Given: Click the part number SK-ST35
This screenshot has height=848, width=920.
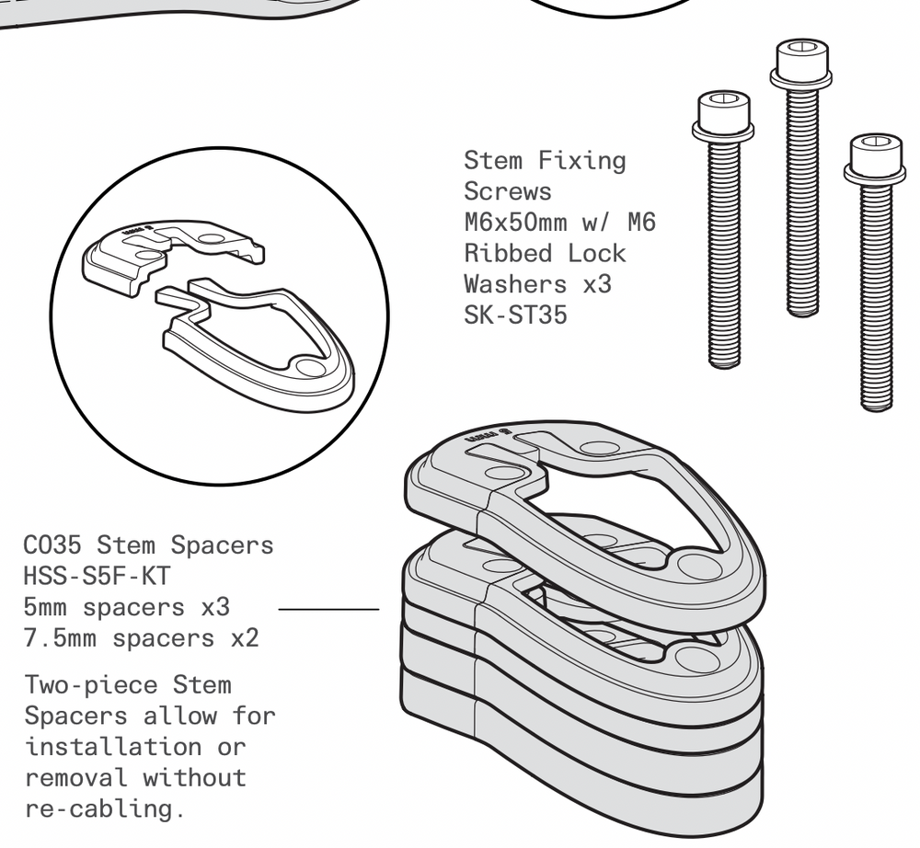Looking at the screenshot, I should (x=515, y=315).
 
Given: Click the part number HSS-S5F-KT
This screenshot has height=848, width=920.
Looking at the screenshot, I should (x=98, y=577).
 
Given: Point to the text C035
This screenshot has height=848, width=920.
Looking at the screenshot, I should (x=53, y=545).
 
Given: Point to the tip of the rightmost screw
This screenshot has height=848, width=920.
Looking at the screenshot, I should (x=876, y=406).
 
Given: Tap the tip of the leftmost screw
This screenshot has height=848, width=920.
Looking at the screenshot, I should (x=724, y=362).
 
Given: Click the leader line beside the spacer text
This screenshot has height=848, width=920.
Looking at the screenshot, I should (x=328, y=608).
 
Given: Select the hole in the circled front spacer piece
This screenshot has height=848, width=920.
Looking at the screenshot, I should (x=311, y=367).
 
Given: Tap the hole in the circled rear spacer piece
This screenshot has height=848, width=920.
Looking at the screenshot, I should (x=212, y=238).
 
